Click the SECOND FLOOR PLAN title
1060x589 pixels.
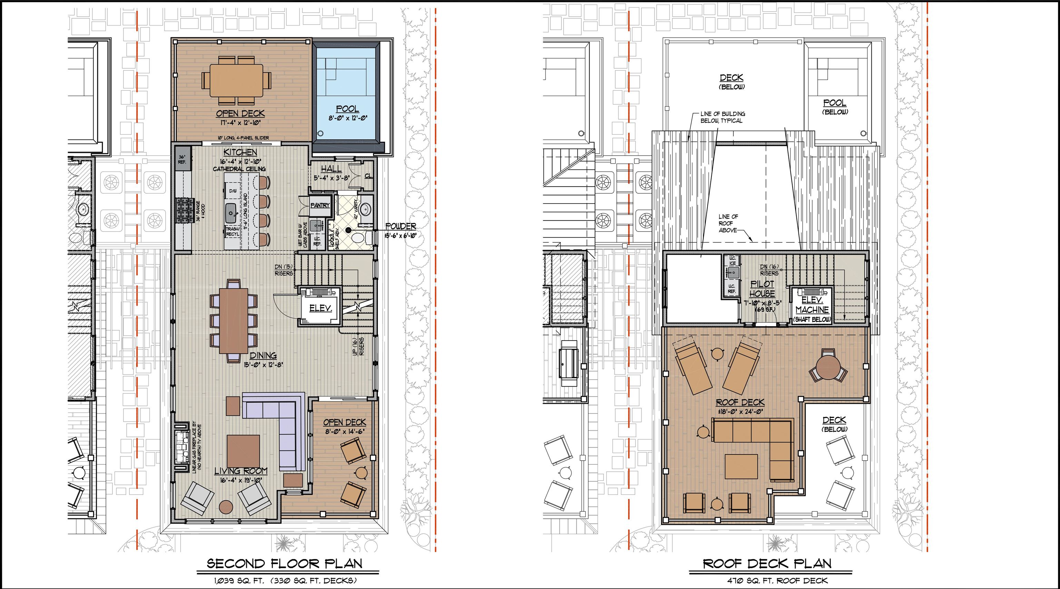[284, 563]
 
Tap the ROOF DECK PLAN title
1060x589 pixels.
[767, 563]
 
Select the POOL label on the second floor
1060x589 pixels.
[347, 109]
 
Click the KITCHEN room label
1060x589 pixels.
[240, 152]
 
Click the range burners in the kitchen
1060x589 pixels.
[185, 210]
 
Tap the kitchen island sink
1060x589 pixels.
[231, 213]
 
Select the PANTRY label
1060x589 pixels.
[320, 205]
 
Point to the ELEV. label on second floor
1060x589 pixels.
[321, 308]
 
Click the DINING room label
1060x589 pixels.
[263, 355]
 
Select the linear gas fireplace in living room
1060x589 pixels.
[180, 446]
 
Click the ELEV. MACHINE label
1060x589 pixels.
[812, 305]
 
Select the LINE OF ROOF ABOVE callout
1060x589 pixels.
[728, 223]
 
